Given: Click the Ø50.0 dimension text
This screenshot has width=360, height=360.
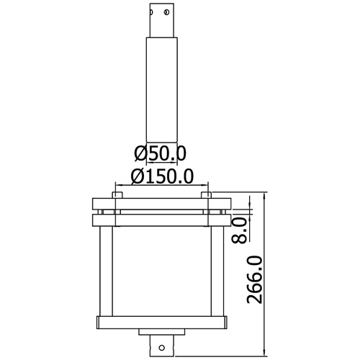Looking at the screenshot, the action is pos(160,153).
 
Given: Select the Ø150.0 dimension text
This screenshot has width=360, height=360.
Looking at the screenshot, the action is pos(162,176).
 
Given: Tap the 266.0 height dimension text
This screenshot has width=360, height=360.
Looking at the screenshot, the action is pos(255,280).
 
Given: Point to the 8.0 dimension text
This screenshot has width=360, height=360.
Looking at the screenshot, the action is pos(240,230).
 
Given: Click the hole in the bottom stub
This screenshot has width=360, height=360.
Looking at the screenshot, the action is pos(162,348).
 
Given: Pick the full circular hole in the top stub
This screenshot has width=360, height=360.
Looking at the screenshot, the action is pos(167,12).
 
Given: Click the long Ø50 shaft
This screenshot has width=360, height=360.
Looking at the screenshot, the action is pos(162,89).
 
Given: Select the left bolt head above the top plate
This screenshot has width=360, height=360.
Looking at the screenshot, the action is pos(117,195).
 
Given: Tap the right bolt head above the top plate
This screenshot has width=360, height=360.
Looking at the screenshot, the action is pos(206,195).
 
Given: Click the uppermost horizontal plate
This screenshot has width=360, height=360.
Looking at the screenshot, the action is pos(162,204).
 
